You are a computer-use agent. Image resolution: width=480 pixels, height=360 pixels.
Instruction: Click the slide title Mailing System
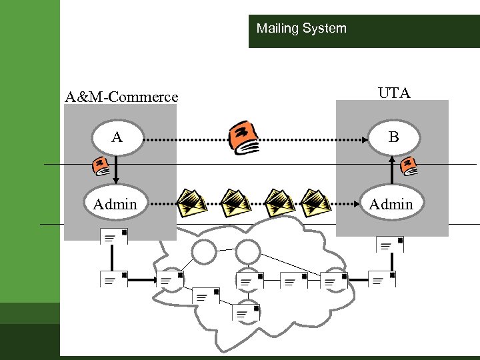tap(301, 29)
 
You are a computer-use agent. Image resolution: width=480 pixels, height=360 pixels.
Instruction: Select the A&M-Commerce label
tap(121, 97)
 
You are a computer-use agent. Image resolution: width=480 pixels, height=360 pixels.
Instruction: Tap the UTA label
tap(393, 93)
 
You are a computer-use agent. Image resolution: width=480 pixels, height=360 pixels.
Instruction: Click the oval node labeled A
tap(117, 138)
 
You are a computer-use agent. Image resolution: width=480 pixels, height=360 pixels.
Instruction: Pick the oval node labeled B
tap(393, 138)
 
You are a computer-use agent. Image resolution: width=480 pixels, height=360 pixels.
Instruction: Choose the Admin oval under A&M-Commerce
tap(115, 204)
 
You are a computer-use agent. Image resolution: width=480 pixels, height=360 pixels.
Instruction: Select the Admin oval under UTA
tap(391, 204)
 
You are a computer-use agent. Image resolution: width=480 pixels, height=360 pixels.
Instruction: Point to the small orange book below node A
tap(101, 166)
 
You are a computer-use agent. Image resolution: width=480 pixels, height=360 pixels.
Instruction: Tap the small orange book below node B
tap(409, 166)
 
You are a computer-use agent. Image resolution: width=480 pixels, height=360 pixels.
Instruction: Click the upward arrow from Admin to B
tap(392, 170)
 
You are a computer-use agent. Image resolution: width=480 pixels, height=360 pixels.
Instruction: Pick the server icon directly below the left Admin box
tap(113, 237)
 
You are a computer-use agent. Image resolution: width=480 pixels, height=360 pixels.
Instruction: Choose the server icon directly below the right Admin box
tap(390, 245)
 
